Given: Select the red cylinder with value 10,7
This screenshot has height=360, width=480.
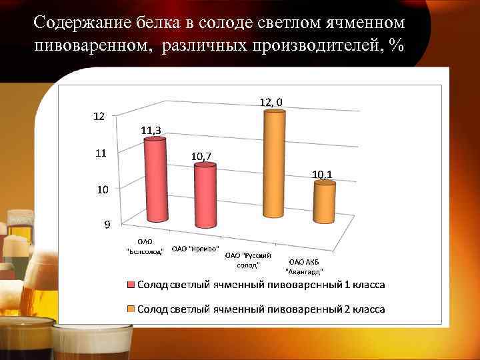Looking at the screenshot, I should click(205, 196).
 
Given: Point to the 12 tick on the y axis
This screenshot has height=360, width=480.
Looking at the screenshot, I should click(97, 116).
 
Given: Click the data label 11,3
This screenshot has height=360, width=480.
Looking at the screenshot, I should click(154, 130).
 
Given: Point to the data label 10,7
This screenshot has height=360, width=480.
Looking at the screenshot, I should click(202, 156).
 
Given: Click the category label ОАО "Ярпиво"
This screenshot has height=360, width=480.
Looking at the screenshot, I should click(195, 249).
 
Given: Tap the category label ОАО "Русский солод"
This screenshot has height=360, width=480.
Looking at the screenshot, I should click(244, 259).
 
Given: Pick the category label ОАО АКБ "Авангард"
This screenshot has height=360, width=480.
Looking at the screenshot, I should click(304, 267).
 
